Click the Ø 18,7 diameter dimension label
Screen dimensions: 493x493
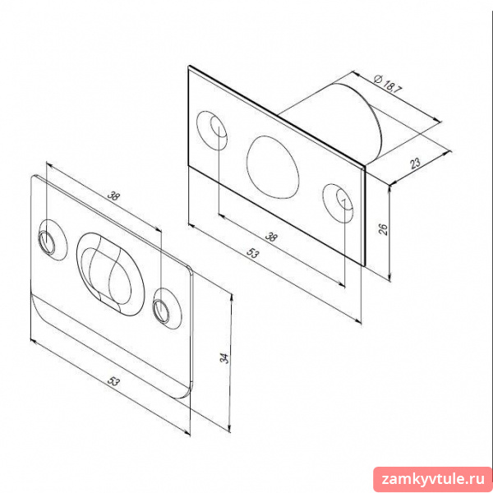tap(388, 84)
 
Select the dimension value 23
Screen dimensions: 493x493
tap(415, 164)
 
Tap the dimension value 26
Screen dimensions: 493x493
tap(383, 229)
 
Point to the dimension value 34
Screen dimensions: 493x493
tap(223, 357)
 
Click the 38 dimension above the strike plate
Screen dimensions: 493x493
tap(114, 196)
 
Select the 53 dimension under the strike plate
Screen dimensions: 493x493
tap(113, 381)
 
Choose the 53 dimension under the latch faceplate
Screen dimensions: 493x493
tap(252, 253)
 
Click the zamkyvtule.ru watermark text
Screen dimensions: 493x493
tap(433, 479)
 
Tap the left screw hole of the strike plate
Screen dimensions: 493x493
tap(47, 242)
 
